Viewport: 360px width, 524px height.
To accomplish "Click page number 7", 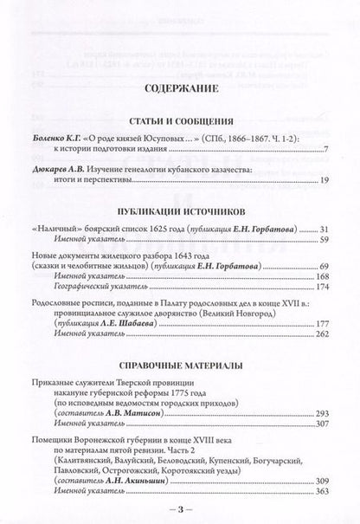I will pos(326,150).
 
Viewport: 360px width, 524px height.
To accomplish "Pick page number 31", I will pos(324,227).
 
